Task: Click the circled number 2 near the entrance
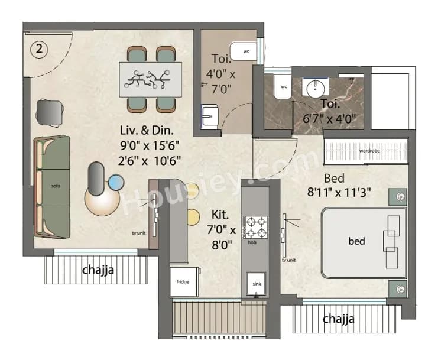click(x=39, y=50)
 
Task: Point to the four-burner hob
click(x=255, y=227)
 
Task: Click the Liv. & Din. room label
click(x=148, y=129)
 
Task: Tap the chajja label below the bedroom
click(x=339, y=320)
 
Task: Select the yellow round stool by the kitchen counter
click(x=193, y=216)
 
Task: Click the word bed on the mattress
click(x=356, y=241)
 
